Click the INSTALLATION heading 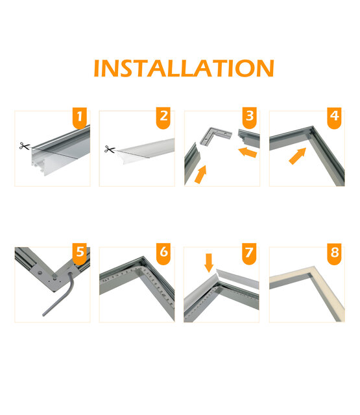(184, 68)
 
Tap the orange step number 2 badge (164, 118)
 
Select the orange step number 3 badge (250, 118)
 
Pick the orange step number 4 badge (334, 118)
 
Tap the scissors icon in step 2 (109, 150)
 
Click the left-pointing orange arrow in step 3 (247, 153)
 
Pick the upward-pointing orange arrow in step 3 (201, 174)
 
